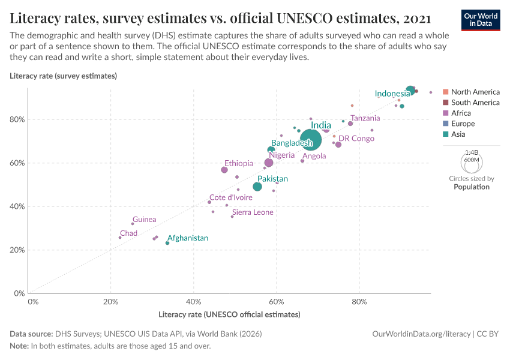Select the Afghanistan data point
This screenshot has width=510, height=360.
167,243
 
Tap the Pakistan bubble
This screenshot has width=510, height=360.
257,187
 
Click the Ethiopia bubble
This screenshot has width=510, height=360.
224,170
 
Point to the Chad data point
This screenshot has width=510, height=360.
120,238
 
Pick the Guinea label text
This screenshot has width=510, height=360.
145,220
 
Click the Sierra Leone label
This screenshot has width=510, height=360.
253,212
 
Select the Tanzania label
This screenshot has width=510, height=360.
365,118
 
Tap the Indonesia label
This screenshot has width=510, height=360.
392,94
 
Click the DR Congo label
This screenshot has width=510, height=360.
356,139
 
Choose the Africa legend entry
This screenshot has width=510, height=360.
461,113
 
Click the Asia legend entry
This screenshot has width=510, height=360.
458,134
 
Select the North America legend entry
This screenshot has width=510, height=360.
475,92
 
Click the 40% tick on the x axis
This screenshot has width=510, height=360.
193,301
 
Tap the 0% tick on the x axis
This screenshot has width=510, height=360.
33,301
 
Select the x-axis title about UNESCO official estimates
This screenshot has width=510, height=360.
229,314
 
